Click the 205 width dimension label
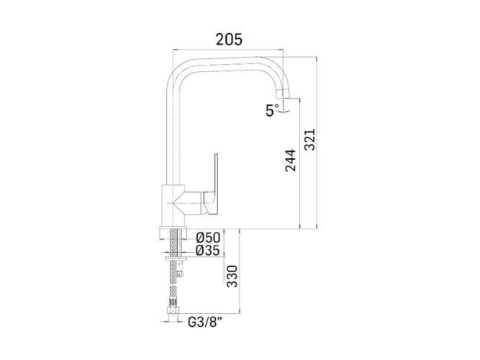pos(229,39)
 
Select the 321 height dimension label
pos(309,140)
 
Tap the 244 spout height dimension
pos(291,161)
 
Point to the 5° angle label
pos(272,110)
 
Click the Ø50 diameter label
pos(208,238)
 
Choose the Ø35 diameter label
pos(208,251)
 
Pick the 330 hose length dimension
pos(232,276)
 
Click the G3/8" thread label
pos(204,322)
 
